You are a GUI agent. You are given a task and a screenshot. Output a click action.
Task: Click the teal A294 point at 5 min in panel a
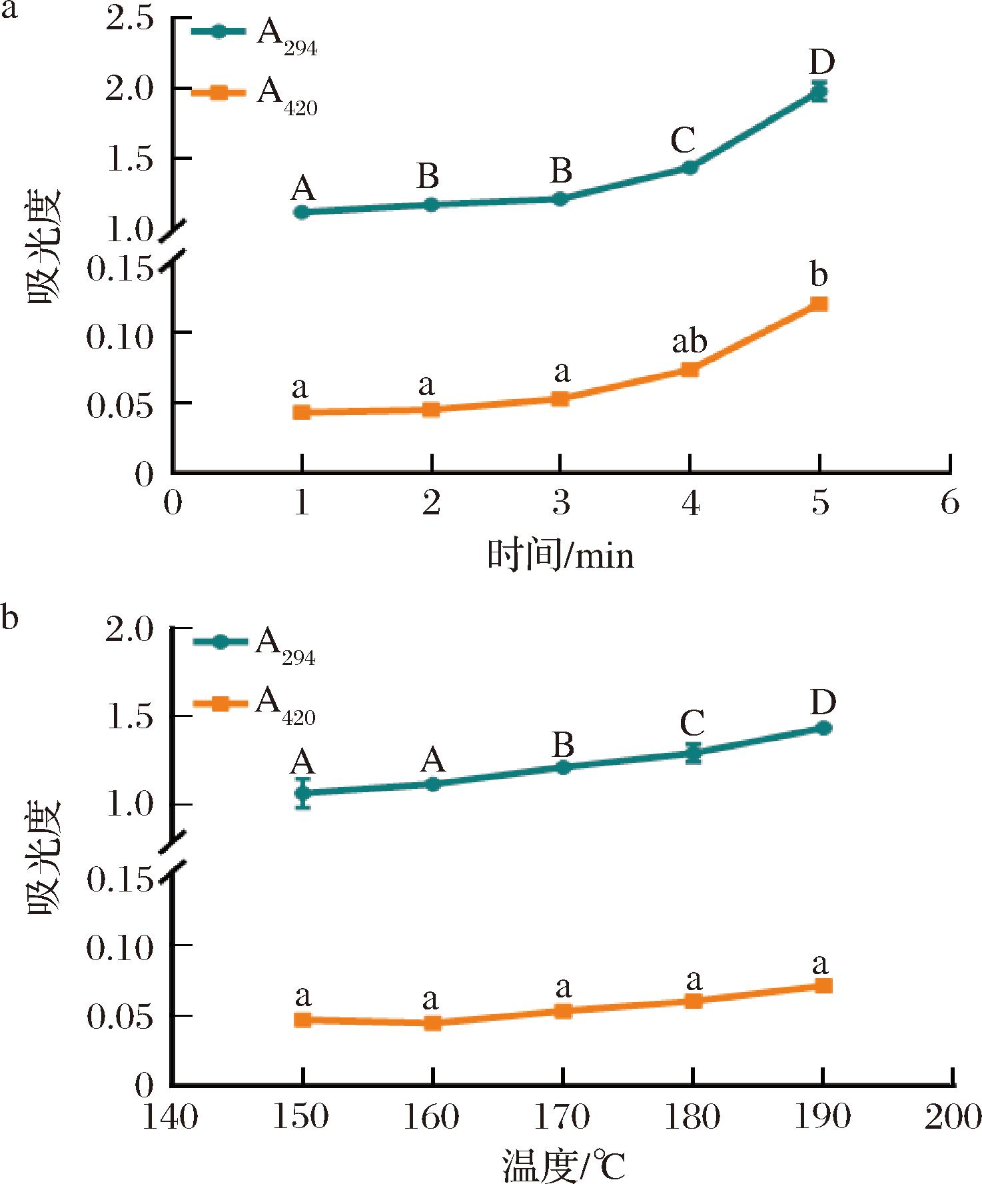(x=819, y=91)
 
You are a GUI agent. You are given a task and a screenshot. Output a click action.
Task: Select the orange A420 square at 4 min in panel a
(x=690, y=369)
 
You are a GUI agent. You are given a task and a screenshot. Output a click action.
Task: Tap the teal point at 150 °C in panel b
(x=303, y=792)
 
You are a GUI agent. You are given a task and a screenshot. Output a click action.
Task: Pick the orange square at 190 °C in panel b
(x=823, y=985)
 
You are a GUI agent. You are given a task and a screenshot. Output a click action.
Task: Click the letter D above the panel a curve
(x=822, y=62)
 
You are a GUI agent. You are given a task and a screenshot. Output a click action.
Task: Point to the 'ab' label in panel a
(x=689, y=342)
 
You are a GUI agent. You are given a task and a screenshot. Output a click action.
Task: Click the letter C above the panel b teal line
(x=693, y=722)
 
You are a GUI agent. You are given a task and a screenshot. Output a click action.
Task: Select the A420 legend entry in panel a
(x=254, y=95)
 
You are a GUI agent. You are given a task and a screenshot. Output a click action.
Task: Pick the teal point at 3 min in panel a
(x=560, y=199)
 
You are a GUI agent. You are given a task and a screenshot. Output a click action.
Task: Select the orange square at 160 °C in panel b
(x=432, y=1022)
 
